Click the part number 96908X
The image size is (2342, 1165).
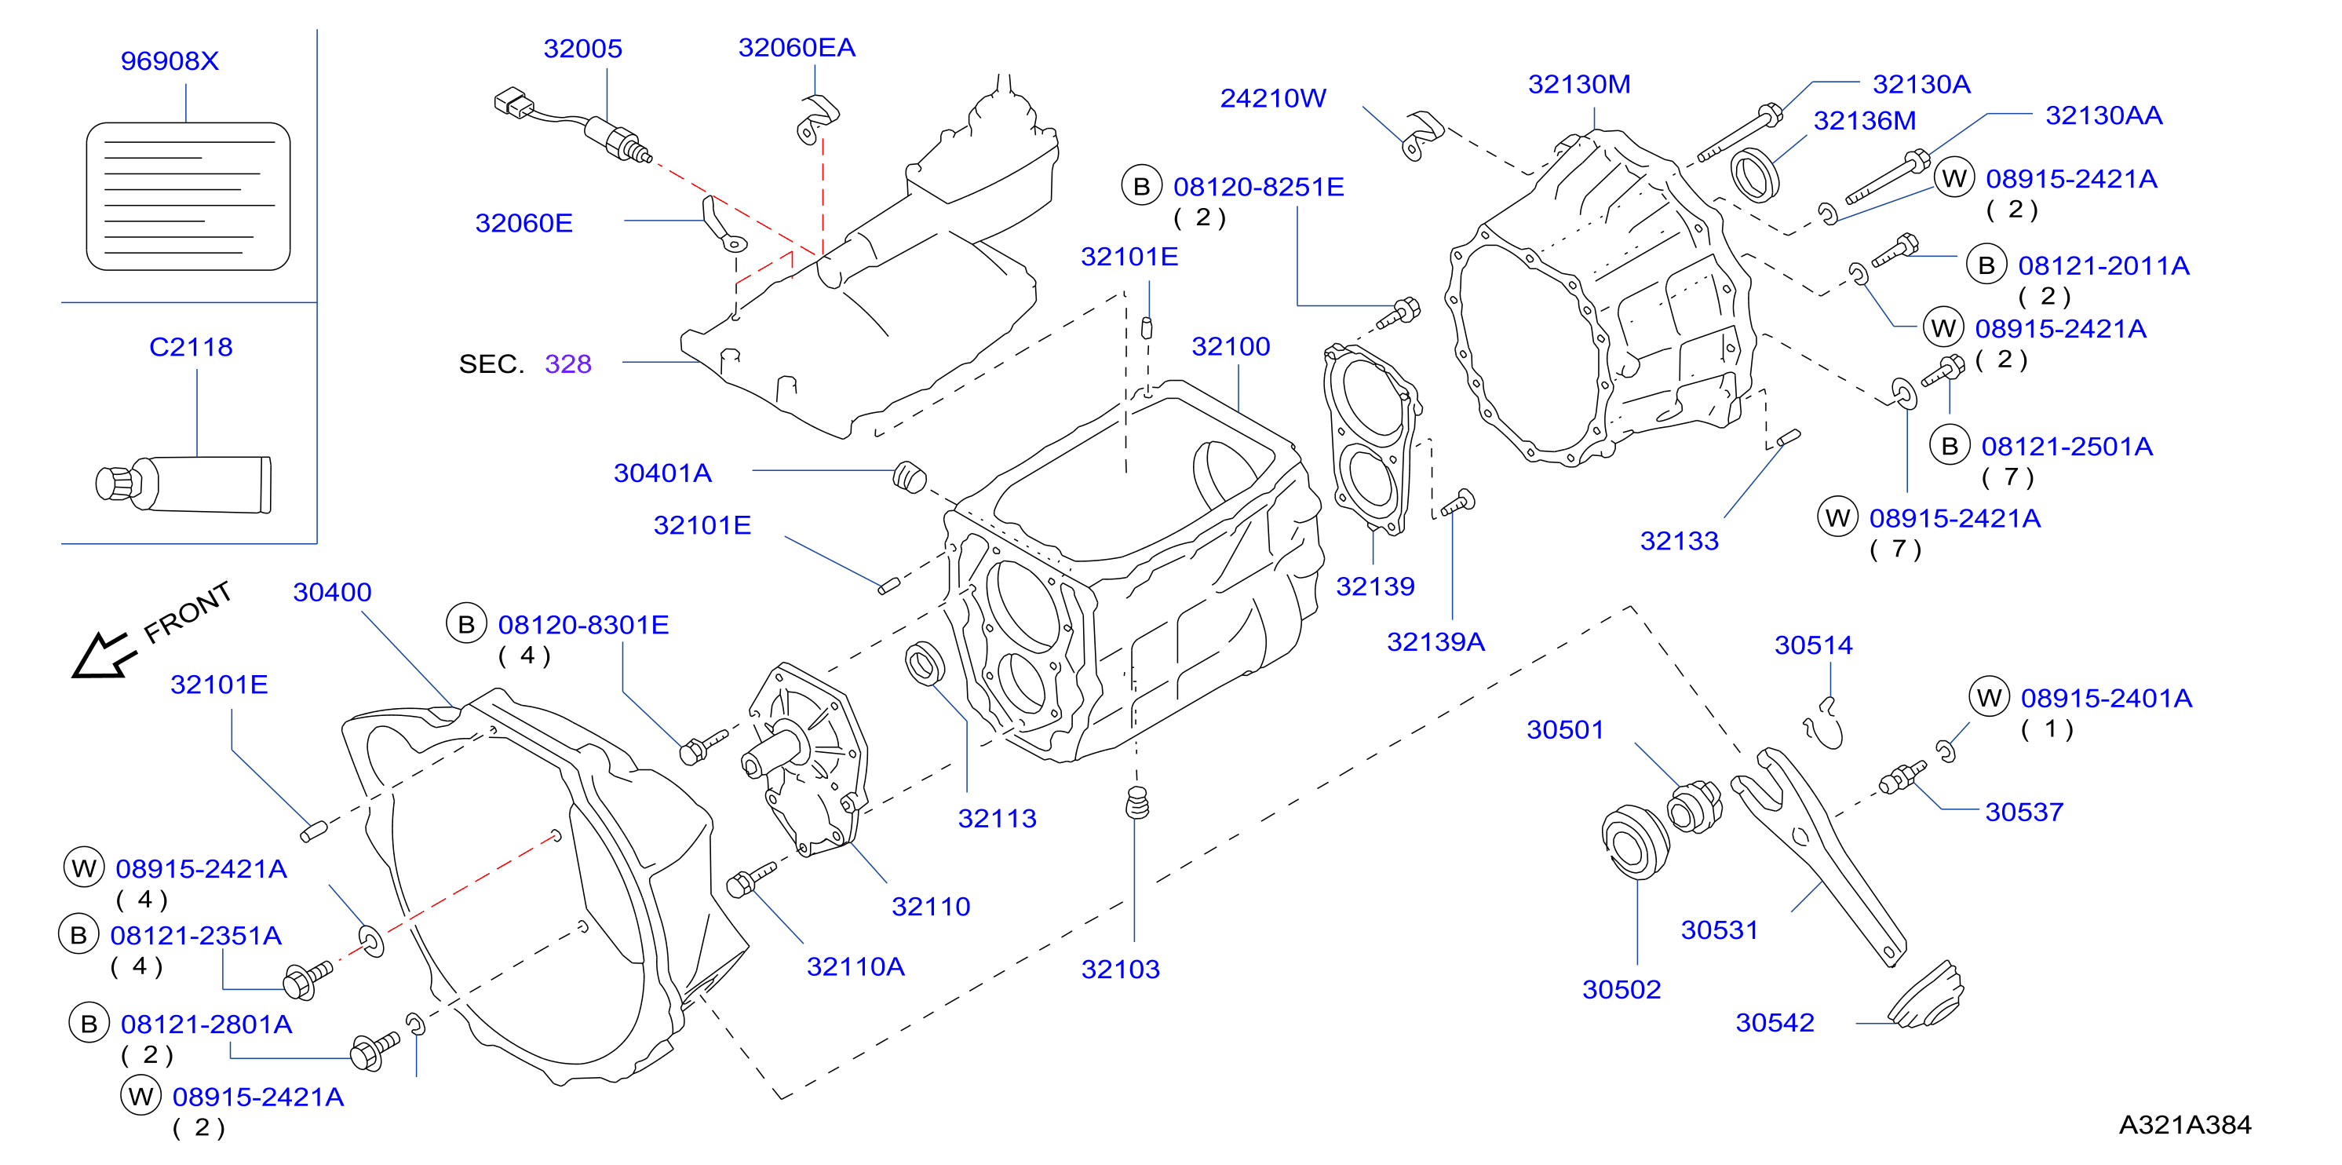coord(170,61)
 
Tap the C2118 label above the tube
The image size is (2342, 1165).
coord(191,346)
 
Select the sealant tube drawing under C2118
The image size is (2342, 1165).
coord(184,484)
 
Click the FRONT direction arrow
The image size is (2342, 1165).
coord(103,655)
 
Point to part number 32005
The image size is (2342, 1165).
coord(583,48)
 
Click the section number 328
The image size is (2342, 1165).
coord(568,363)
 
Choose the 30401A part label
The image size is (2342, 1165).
coord(662,473)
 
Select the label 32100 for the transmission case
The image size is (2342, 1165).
coord(1231,346)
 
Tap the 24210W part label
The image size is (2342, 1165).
coord(1273,98)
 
